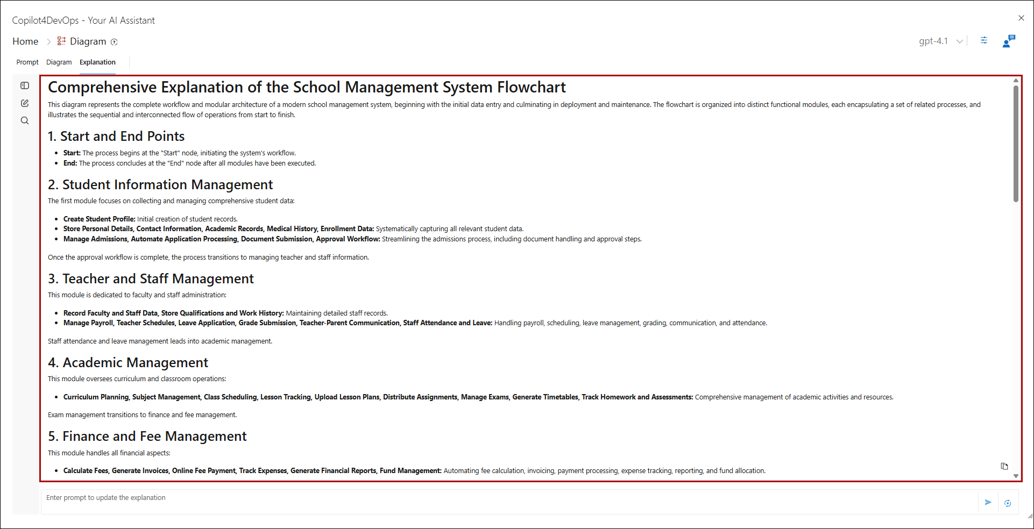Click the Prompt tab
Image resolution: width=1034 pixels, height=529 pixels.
pyautogui.click(x=27, y=62)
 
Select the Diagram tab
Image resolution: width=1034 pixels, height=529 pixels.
pyautogui.click(x=59, y=62)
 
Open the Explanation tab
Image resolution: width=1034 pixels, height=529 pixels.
pyautogui.click(x=97, y=62)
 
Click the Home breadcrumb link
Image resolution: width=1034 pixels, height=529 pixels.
pyautogui.click(x=25, y=41)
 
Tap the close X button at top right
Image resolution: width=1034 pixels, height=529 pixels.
pyautogui.click(x=1021, y=18)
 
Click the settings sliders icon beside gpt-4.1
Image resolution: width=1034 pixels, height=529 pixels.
pyautogui.click(x=984, y=40)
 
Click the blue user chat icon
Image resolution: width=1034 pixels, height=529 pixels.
pyautogui.click(x=1009, y=41)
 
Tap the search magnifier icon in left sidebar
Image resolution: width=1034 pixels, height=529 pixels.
pyautogui.click(x=25, y=120)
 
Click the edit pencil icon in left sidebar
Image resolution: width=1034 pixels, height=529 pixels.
pyautogui.click(x=25, y=103)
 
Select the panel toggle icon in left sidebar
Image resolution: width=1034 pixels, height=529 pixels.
pyautogui.click(x=25, y=85)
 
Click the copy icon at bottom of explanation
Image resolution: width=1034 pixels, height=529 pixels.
pyautogui.click(x=1004, y=466)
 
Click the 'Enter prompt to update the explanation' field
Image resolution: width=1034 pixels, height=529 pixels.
pyautogui.click(x=506, y=498)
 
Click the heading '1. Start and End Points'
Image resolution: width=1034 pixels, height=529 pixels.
pyautogui.click(x=116, y=137)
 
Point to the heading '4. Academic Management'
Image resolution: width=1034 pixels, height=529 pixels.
pyautogui.click(x=128, y=363)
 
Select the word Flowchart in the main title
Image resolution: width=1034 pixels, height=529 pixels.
pyautogui.click(x=531, y=88)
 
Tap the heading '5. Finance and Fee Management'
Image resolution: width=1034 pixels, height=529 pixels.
pyautogui.click(x=147, y=437)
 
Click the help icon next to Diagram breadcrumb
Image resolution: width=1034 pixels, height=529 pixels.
pyautogui.click(x=114, y=42)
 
